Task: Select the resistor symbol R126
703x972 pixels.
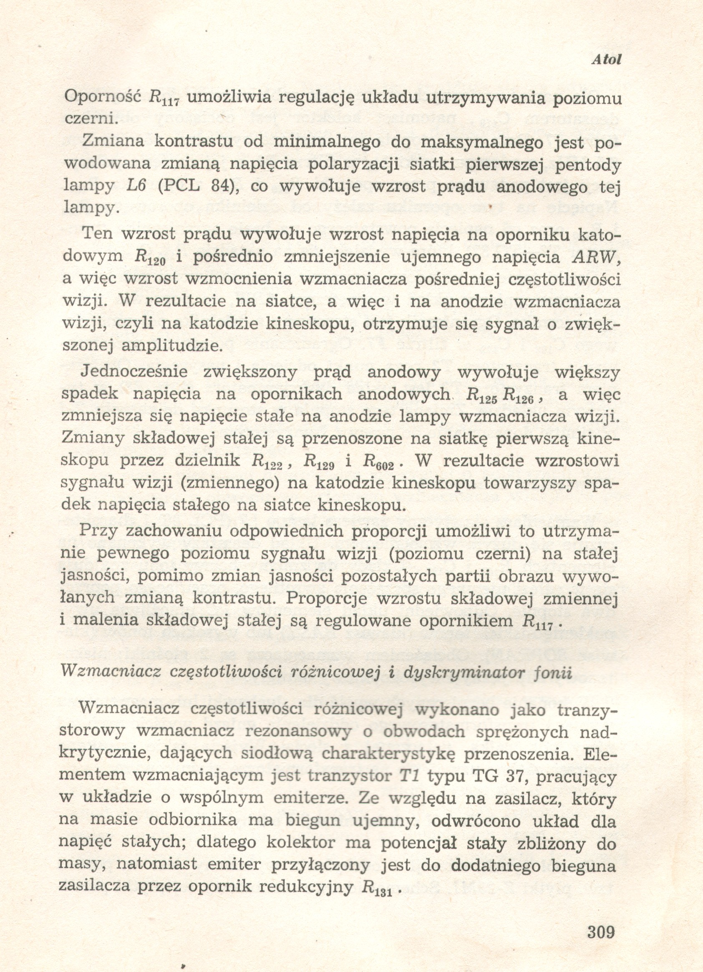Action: pyautogui.click(x=518, y=396)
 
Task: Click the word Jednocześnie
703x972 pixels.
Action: pyautogui.click(x=134, y=371)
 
